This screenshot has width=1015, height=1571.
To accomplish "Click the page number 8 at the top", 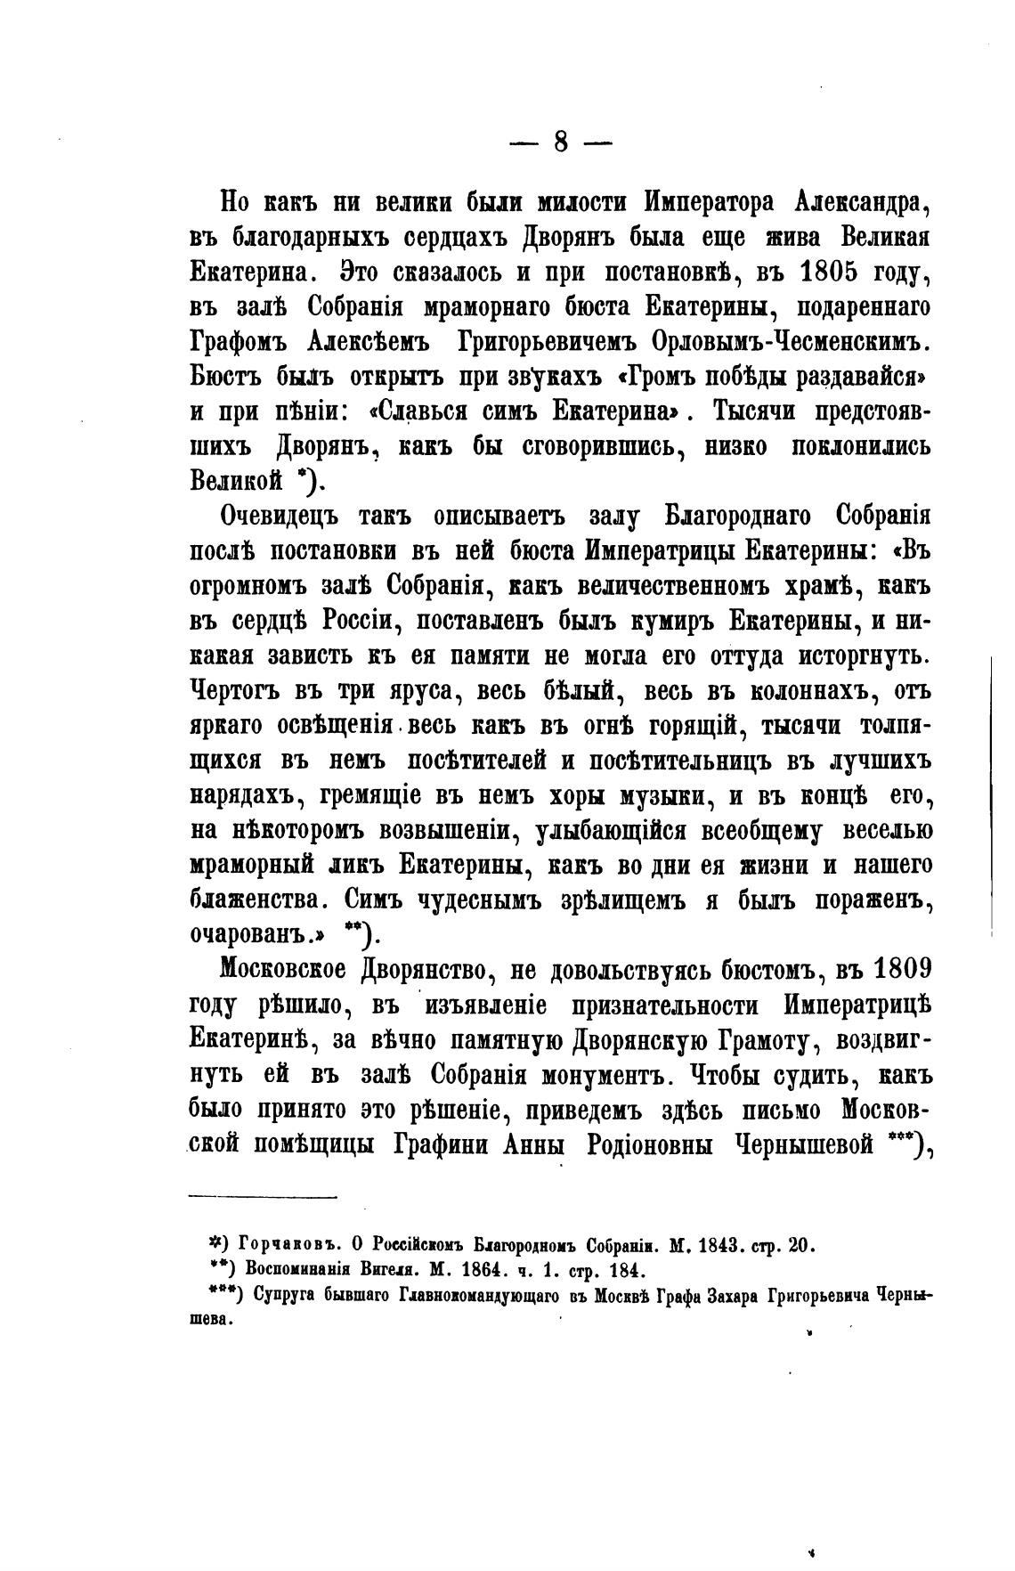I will click(561, 142).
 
